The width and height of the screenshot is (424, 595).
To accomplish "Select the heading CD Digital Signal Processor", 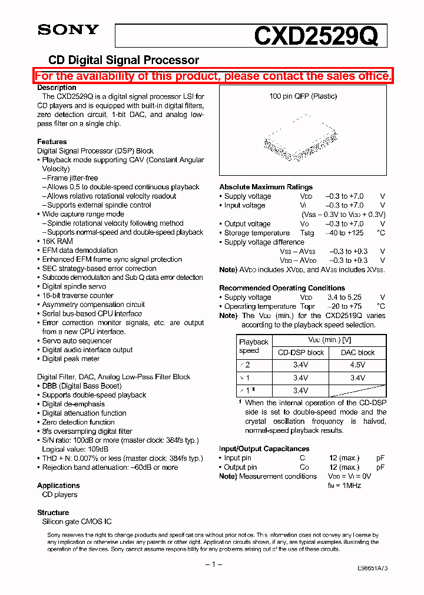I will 123,60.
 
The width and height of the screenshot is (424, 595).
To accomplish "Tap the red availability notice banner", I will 213,76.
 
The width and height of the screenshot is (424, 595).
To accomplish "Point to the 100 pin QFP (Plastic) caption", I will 303,96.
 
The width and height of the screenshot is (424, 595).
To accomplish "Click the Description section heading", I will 57,88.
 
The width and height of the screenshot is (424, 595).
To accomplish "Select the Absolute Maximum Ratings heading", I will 266,187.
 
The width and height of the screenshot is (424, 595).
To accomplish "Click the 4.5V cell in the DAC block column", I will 357,365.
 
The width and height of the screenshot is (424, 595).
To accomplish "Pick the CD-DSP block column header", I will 300,353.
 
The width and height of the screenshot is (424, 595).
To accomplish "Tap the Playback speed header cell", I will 253,346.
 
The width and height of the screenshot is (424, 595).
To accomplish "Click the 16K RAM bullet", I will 57,241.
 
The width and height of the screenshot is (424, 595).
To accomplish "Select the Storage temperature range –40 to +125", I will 344,233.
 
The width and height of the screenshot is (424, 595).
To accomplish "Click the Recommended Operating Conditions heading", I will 282,288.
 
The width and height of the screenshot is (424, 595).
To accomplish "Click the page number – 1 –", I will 212,564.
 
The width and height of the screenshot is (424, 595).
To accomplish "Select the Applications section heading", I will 58,486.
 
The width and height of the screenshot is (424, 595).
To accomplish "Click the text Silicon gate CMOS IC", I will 77,522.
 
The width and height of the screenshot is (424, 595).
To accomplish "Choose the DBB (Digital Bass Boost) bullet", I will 81,386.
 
